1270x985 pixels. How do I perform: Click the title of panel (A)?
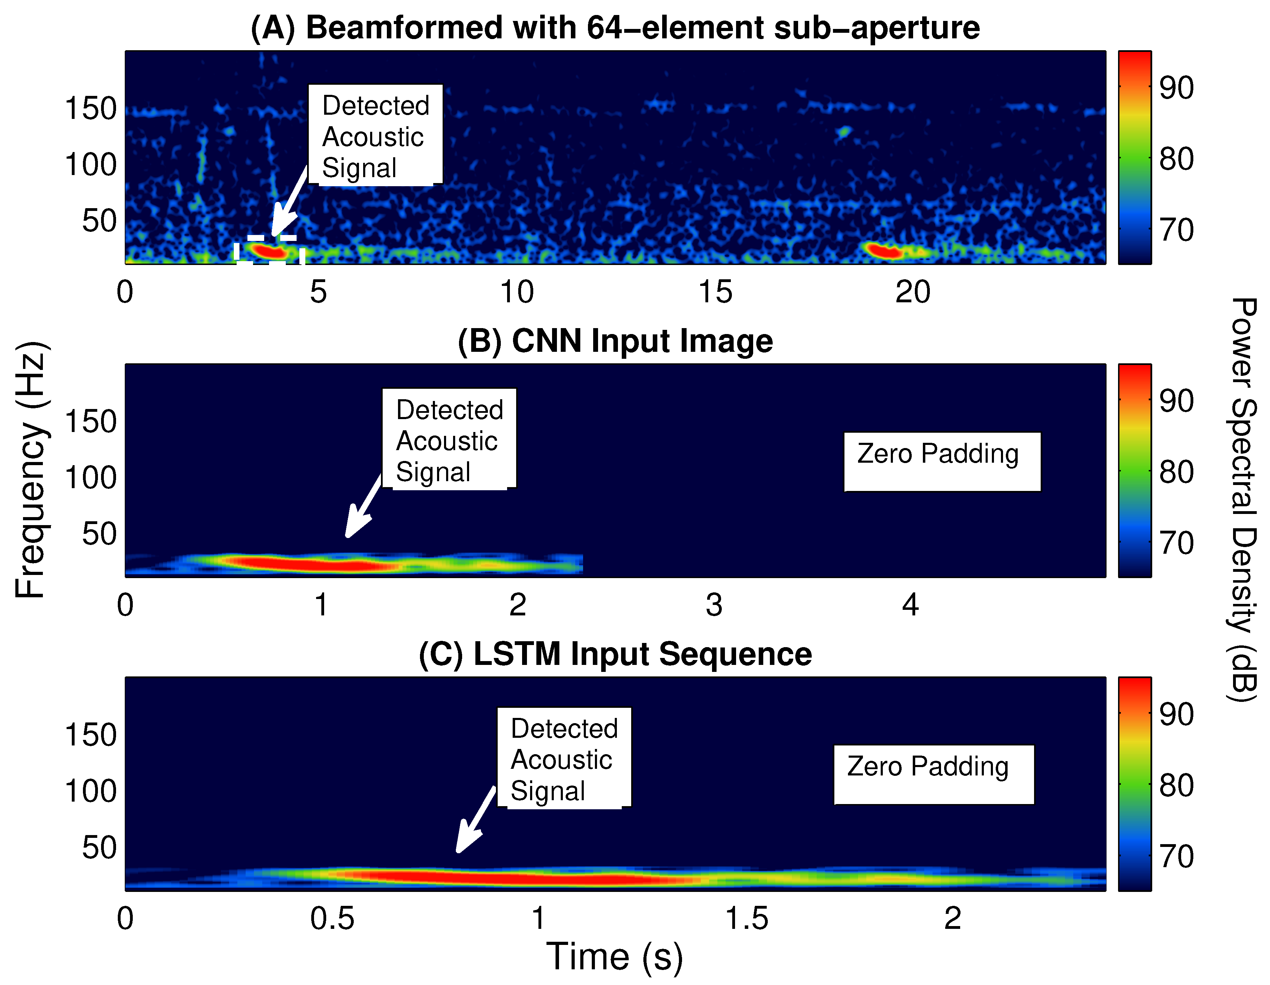tap(615, 28)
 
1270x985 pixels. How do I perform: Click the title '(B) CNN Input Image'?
tap(615, 341)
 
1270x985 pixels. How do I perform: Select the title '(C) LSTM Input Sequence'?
tap(615, 654)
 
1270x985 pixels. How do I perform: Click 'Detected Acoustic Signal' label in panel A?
tap(375, 136)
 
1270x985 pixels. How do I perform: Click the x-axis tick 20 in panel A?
tap(912, 292)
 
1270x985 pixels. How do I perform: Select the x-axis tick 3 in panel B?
tap(714, 605)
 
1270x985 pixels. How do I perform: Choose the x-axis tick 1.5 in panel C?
tap(747, 919)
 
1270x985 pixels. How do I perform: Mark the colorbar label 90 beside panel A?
tap(1176, 88)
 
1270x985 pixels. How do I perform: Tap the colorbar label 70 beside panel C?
tap(1176, 856)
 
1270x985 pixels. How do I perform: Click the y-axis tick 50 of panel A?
tap(99, 221)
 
